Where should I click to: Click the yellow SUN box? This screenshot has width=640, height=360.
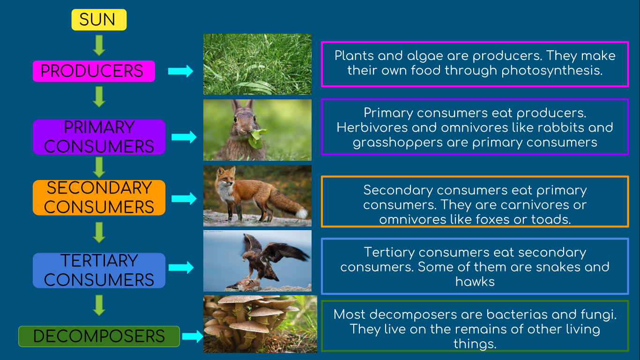tap(99, 20)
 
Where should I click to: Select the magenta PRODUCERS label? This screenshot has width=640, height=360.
tap(94, 71)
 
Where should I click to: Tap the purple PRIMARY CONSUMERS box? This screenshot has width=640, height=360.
tap(99, 137)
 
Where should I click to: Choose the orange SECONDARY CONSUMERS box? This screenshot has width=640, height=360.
tap(99, 198)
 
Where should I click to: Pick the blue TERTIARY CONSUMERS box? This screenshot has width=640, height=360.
tap(99, 270)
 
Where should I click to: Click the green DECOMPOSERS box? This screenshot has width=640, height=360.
tap(99, 336)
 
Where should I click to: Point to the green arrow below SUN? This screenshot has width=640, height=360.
tap(99, 45)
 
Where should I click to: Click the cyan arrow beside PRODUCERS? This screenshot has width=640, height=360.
tap(180, 71)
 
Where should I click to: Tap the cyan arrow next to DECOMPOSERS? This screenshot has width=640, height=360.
tap(193, 336)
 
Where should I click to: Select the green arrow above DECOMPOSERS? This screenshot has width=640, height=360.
tap(99, 305)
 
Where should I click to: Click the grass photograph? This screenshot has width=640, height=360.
tap(257, 64)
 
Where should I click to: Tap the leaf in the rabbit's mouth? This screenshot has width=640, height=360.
tap(257, 138)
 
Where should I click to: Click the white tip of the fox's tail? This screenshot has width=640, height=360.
tap(302, 213)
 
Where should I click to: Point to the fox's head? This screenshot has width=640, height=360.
tap(226, 178)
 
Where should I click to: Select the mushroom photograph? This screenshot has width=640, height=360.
tap(260, 324)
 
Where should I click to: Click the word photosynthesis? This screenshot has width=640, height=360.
tap(552, 71)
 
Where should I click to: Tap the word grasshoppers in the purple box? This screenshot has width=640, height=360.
tap(397, 142)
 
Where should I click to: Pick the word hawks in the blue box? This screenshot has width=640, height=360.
tap(475, 282)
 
